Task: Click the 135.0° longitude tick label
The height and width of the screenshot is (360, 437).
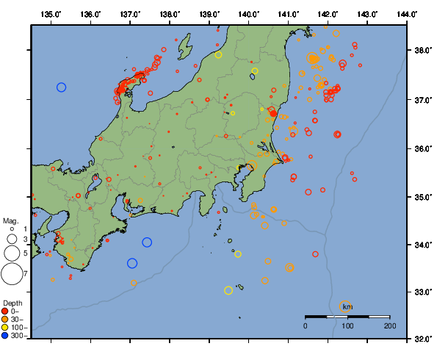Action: click(51, 14)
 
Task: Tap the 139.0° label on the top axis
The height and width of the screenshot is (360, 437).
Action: click(209, 14)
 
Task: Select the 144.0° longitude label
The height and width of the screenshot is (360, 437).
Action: click(408, 14)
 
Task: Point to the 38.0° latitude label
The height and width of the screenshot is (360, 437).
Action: click(421, 50)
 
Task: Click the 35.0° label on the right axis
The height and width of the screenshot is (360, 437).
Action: click(421, 197)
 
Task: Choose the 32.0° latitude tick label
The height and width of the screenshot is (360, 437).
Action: click(421, 339)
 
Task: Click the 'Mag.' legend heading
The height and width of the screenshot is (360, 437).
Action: click(10, 220)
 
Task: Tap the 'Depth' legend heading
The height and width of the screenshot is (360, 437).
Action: click(12, 303)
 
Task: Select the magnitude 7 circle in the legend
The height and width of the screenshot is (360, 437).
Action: click(12, 274)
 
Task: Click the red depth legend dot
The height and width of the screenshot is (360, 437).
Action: click(6, 312)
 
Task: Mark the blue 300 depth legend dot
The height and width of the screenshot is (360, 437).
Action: click(6, 336)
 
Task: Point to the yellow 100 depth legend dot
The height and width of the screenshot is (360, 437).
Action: click(6, 328)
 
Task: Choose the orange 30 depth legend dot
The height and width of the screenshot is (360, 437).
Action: click(6, 320)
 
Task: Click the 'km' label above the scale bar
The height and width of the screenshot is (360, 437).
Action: click(347, 306)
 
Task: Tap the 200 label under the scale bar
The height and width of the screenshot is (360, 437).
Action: click(389, 325)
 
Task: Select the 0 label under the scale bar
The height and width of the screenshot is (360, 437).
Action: click(306, 325)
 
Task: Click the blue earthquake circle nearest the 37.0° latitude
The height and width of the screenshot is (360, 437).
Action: click(62, 87)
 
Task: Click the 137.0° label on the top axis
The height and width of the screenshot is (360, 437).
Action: click(130, 14)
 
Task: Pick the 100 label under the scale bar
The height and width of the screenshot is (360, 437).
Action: click(347, 325)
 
